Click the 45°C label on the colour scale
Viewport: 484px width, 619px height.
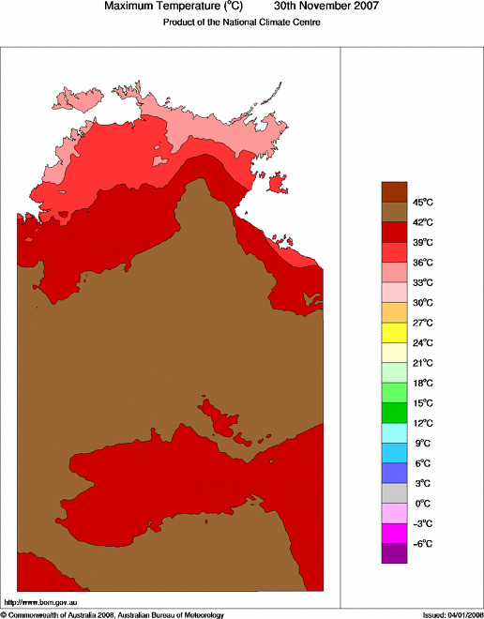pyautogui.click(x=421, y=203)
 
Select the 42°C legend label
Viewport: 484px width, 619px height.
pyautogui.click(x=421, y=222)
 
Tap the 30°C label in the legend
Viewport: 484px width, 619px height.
pyautogui.click(x=421, y=302)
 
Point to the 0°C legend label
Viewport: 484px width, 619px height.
pyautogui.click(x=421, y=503)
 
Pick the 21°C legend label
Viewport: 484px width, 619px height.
pyautogui.click(x=421, y=362)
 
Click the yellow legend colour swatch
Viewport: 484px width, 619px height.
pyautogui.click(x=394, y=332)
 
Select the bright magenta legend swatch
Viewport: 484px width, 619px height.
pyautogui.click(x=394, y=533)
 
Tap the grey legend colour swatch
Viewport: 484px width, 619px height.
pyautogui.click(x=394, y=492)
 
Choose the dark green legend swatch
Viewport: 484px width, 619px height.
pyautogui.click(x=394, y=412)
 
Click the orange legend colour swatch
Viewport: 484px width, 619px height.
pyautogui.click(x=394, y=311)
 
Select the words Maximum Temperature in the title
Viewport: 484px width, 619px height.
pyautogui.click(x=158, y=7)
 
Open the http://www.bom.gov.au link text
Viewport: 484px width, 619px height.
pyautogui.click(x=40, y=601)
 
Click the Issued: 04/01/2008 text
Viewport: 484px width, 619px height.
pyautogui.click(x=452, y=614)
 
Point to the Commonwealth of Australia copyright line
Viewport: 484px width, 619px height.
pyautogui.click(x=113, y=614)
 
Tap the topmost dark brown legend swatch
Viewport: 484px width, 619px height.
pyautogui.click(x=394, y=191)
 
